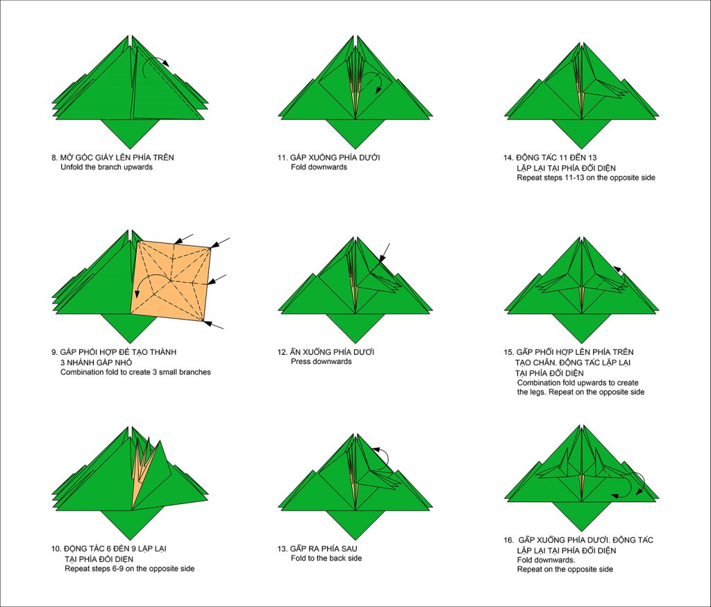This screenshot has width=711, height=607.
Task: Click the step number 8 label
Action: (x=54, y=158)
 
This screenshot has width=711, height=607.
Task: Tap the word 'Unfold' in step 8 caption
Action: (x=72, y=167)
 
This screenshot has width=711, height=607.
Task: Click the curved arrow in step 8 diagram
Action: (x=154, y=65)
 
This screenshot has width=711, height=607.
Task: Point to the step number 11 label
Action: (x=283, y=158)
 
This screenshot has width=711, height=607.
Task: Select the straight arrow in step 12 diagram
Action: (x=385, y=253)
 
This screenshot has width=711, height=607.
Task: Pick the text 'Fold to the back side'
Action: (x=326, y=558)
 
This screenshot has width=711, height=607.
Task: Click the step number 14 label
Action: (x=508, y=158)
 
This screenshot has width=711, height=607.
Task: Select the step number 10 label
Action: (x=56, y=549)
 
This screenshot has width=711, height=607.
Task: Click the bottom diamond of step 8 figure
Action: (x=130, y=134)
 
